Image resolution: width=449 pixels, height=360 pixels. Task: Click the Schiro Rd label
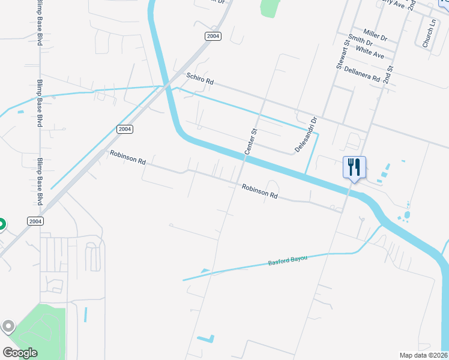tap(200, 79)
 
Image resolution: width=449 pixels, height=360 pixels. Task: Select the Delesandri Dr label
tap(305, 134)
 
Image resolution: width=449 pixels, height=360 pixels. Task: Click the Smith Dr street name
tap(360, 41)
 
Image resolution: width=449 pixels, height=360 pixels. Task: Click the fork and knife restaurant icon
tap(354, 166)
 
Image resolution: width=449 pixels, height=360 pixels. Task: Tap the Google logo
tap(20, 353)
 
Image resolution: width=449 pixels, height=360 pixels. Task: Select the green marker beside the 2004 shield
tap(1, 225)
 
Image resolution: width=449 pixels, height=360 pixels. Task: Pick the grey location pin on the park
tap(8, 326)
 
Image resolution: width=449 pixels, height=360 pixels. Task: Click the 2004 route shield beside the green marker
tap(35, 221)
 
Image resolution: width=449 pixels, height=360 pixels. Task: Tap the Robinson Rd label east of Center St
tap(260, 191)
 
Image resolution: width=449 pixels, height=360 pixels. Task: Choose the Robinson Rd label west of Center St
tap(128, 157)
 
